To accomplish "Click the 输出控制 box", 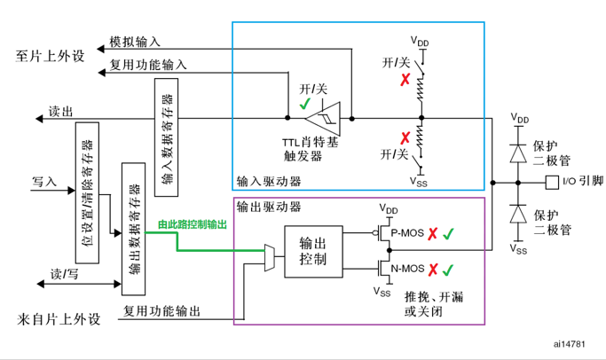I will (x=314, y=251).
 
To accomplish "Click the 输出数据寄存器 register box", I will (x=133, y=227).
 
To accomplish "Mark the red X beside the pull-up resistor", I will (x=405, y=79).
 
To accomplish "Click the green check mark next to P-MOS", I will (x=449, y=234).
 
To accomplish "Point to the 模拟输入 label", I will (x=134, y=41).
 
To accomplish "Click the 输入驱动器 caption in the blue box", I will (x=268, y=181).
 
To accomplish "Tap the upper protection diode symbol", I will (x=518, y=152).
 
